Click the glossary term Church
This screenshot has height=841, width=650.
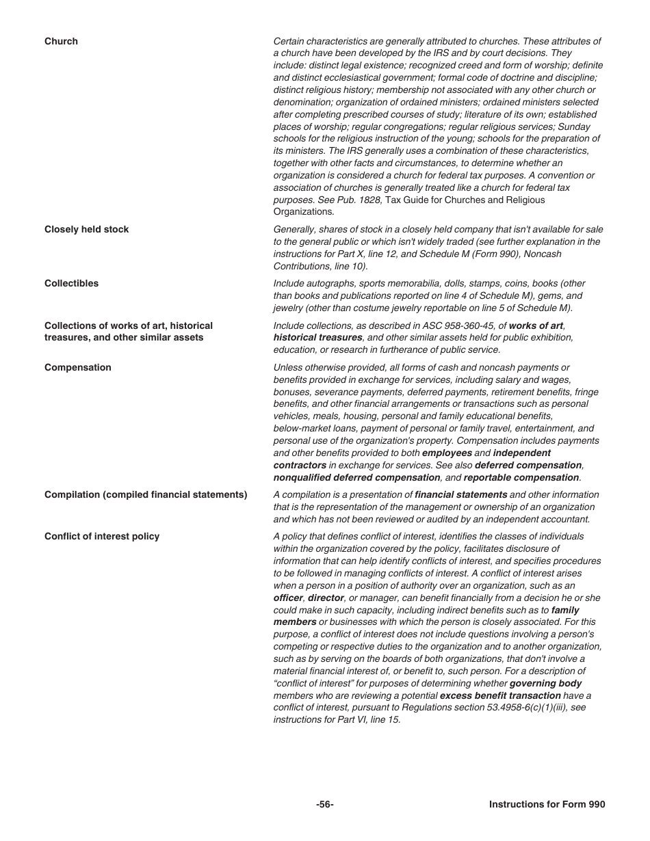point(61,42)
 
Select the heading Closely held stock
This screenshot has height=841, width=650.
point(86,230)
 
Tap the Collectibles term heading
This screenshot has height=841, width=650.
point(71,284)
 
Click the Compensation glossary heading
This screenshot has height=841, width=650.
point(77,368)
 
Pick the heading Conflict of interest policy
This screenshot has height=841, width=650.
point(102,537)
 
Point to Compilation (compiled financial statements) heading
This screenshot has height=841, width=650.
point(146,495)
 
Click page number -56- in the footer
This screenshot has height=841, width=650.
point(325,805)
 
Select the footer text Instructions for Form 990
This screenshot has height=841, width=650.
point(547,805)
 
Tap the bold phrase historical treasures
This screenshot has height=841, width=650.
point(317,338)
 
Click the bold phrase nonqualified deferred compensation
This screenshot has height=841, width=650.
point(356,478)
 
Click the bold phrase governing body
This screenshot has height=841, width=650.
point(545,684)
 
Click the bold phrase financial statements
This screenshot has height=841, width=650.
point(460,495)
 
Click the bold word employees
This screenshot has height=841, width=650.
point(447,453)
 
